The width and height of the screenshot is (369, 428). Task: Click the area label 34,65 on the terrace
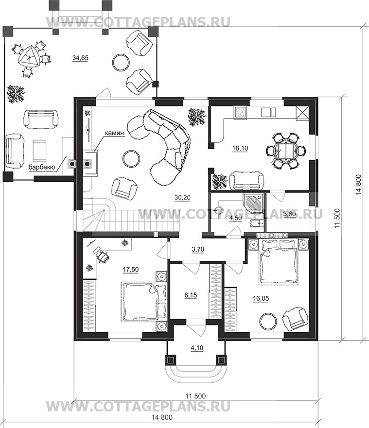coord(80,58)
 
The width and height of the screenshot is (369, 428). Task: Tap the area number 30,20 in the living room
coord(182,197)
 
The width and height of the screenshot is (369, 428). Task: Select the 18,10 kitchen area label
coord(240,149)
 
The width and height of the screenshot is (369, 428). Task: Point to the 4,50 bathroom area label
coord(235,218)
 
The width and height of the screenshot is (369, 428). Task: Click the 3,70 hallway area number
coord(198,250)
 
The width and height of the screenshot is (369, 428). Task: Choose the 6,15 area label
coord(191,295)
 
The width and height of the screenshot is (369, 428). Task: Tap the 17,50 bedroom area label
coord(131,270)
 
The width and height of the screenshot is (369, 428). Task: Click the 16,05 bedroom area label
coord(261,299)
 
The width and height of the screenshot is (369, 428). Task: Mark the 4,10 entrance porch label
coord(197,348)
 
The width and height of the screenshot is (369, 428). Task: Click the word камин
coord(115,133)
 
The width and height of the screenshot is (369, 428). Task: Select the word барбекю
coord(42,167)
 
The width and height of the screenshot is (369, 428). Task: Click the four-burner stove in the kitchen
coord(240,112)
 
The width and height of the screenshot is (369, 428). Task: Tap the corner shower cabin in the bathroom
coord(253,203)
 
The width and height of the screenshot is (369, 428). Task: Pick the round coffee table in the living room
coord(131,158)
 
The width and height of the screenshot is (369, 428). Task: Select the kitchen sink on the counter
coord(268,112)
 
